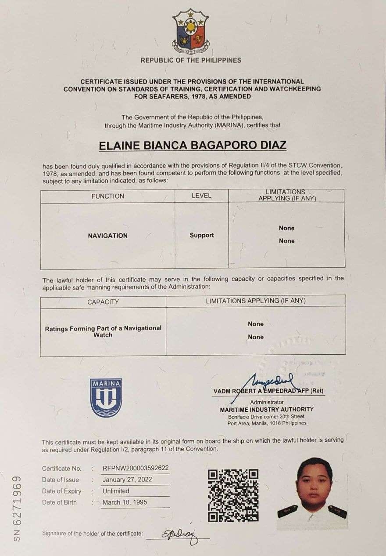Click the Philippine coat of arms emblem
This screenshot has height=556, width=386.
pos(191,31)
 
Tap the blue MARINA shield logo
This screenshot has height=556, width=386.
pos(106,397)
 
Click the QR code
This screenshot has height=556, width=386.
pos(233,495)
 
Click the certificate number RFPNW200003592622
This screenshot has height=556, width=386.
pos(136,468)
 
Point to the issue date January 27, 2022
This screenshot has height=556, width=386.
pos(127,480)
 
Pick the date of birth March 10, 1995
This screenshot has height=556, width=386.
pos(125,502)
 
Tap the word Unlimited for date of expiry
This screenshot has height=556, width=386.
pos(116,491)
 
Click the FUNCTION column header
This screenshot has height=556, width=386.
pos(107,196)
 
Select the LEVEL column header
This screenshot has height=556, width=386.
pos(201,196)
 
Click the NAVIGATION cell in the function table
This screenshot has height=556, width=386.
pos(107,236)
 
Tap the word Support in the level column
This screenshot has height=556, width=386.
pos(202,235)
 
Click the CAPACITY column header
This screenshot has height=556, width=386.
pos(103,302)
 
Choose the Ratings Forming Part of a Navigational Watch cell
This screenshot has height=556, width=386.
pos(103,331)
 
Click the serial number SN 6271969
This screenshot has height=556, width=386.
pos(17,508)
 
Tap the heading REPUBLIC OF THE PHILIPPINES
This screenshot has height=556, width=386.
pos(191,60)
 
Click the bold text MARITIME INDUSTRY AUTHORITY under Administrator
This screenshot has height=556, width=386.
pos(267,409)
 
